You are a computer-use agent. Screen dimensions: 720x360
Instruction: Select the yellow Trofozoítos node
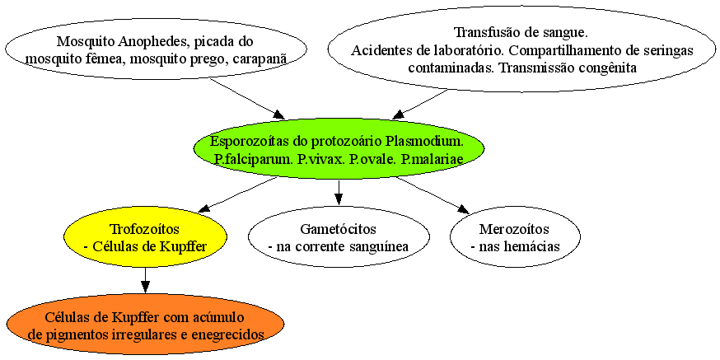[x=145, y=237]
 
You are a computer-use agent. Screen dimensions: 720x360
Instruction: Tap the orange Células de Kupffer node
[x=146, y=325]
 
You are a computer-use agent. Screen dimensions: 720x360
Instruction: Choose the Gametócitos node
[x=339, y=237]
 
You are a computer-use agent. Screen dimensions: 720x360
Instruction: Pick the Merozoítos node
[x=515, y=237]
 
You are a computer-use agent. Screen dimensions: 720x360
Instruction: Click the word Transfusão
[x=485, y=33]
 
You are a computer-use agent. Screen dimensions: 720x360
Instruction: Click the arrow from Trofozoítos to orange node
[x=145, y=280]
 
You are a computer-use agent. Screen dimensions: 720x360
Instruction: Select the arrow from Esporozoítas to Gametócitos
[x=339, y=193]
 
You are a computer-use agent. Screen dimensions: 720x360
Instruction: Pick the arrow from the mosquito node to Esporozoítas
[x=247, y=98]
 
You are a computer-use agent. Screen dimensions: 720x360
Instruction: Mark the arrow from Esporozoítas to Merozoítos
[x=433, y=195]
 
